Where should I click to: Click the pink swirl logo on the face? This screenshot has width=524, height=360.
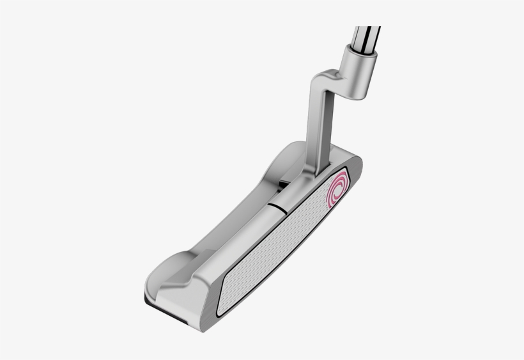point(337,191)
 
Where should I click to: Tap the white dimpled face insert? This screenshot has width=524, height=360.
point(275,246)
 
